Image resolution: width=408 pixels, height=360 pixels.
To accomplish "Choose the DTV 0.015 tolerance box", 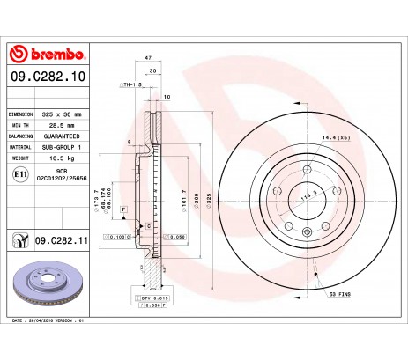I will (155, 300).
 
